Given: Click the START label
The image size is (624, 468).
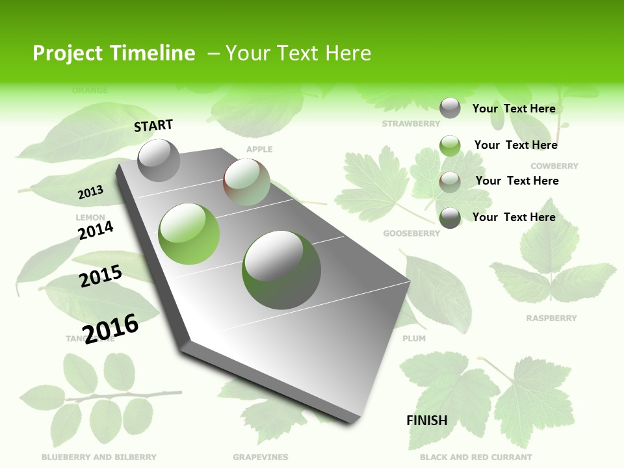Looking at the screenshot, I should click(x=153, y=125).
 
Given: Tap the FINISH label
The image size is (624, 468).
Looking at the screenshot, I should click(x=427, y=421).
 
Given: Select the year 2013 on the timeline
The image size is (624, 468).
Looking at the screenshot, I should click(x=91, y=192).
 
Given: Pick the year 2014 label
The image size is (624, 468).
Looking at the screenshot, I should click(x=96, y=230).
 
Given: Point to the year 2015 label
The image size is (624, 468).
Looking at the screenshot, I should click(x=101, y=276).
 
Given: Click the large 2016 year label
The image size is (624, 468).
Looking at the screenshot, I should click(x=111, y=328).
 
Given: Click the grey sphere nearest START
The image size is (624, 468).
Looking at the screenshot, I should click(x=159, y=160).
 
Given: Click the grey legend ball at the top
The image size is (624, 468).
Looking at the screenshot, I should click(x=450, y=108).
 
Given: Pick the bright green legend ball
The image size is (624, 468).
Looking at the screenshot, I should click(x=450, y=146).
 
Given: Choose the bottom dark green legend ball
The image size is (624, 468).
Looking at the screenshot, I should click(x=450, y=218).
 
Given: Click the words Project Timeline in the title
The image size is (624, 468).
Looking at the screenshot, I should click(x=114, y=53).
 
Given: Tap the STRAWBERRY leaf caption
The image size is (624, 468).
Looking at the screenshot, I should click(x=411, y=123).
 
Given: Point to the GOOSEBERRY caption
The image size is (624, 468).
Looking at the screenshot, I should click(x=411, y=233).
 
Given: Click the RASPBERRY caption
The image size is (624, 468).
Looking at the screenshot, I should click(x=551, y=318).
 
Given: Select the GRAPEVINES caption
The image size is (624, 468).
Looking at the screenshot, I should click(x=261, y=457).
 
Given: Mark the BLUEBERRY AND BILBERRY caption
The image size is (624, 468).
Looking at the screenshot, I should click(x=99, y=457).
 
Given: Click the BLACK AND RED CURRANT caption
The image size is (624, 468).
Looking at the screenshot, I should click(x=476, y=457).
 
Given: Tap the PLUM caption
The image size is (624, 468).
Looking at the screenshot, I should click(x=414, y=339).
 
